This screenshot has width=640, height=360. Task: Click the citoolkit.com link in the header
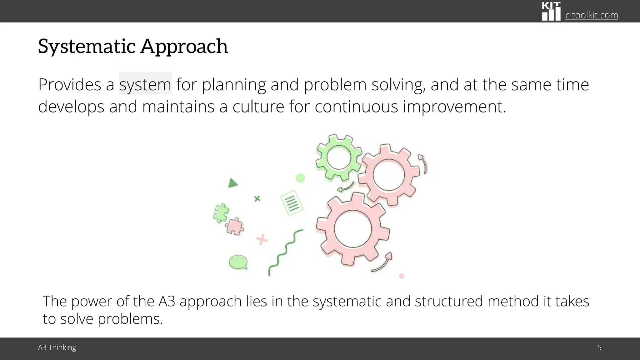click(x=591, y=15)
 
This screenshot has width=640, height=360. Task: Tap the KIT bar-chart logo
click(x=551, y=12)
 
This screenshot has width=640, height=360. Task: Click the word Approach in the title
click(x=184, y=46)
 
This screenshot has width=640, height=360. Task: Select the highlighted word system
click(x=145, y=84)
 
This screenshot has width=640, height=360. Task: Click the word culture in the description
click(x=258, y=106)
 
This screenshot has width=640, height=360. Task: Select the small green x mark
click(x=257, y=198)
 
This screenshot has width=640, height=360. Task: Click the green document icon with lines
click(x=292, y=202)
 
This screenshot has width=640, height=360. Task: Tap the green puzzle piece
click(x=221, y=213)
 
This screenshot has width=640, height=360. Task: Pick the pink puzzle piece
click(x=235, y=227)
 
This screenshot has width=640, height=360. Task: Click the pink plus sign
click(x=262, y=240)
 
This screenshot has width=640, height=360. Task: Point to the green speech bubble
click(x=238, y=262)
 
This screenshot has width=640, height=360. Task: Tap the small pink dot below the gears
click(x=402, y=276)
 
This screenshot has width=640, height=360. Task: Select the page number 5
click(x=599, y=347)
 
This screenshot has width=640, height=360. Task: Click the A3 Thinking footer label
click(x=57, y=347)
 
